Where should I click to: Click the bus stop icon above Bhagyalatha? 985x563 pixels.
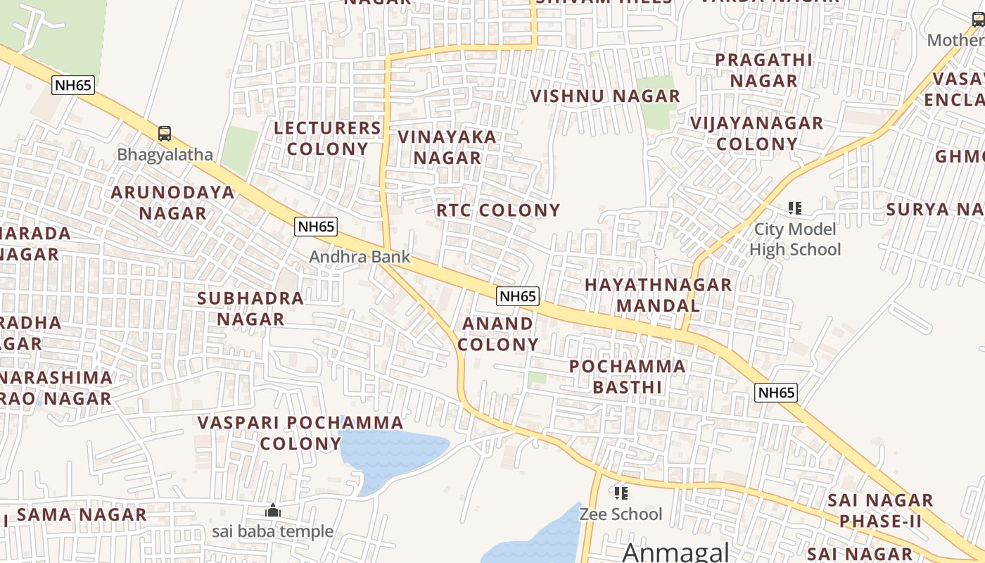[x=164, y=133]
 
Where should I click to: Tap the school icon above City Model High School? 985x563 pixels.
[x=795, y=208]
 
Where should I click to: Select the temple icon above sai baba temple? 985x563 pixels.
[x=273, y=511]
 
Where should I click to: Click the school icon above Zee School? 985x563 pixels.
[x=621, y=493]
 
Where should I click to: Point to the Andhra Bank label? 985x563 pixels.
[x=360, y=257]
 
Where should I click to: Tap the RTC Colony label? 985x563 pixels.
[x=498, y=210]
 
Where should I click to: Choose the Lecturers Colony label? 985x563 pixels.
[x=328, y=139]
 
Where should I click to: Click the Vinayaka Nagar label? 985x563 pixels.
[x=447, y=147]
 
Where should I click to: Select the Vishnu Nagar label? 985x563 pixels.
[x=605, y=96]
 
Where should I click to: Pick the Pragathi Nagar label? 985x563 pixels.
[x=763, y=70]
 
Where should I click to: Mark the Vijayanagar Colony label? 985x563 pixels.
[x=756, y=134]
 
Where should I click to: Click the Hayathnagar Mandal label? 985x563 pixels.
[x=659, y=295]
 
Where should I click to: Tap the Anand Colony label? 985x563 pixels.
[x=498, y=334]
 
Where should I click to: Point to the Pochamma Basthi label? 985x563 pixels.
[x=628, y=377]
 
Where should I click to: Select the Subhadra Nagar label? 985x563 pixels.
[x=250, y=308]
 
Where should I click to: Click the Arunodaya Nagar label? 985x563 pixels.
[x=173, y=203]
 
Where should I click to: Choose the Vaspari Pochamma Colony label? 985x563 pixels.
[x=300, y=433]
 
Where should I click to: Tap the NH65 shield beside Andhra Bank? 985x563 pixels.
[x=316, y=227]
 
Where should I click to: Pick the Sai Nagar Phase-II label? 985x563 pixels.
[x=880, y=511]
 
